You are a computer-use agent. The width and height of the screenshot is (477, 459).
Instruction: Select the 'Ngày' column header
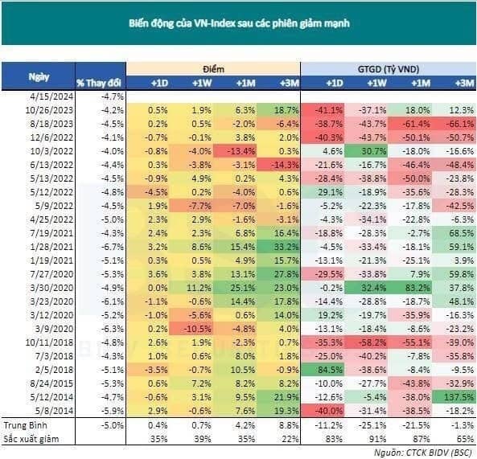[x=38, y=76]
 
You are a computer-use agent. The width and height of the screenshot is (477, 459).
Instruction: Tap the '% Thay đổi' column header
[x=98, y=83]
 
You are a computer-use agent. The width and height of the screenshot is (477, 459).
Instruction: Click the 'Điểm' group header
[x=213, y=68]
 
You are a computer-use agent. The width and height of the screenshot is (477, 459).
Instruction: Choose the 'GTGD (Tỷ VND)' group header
[x=389, y=68]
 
